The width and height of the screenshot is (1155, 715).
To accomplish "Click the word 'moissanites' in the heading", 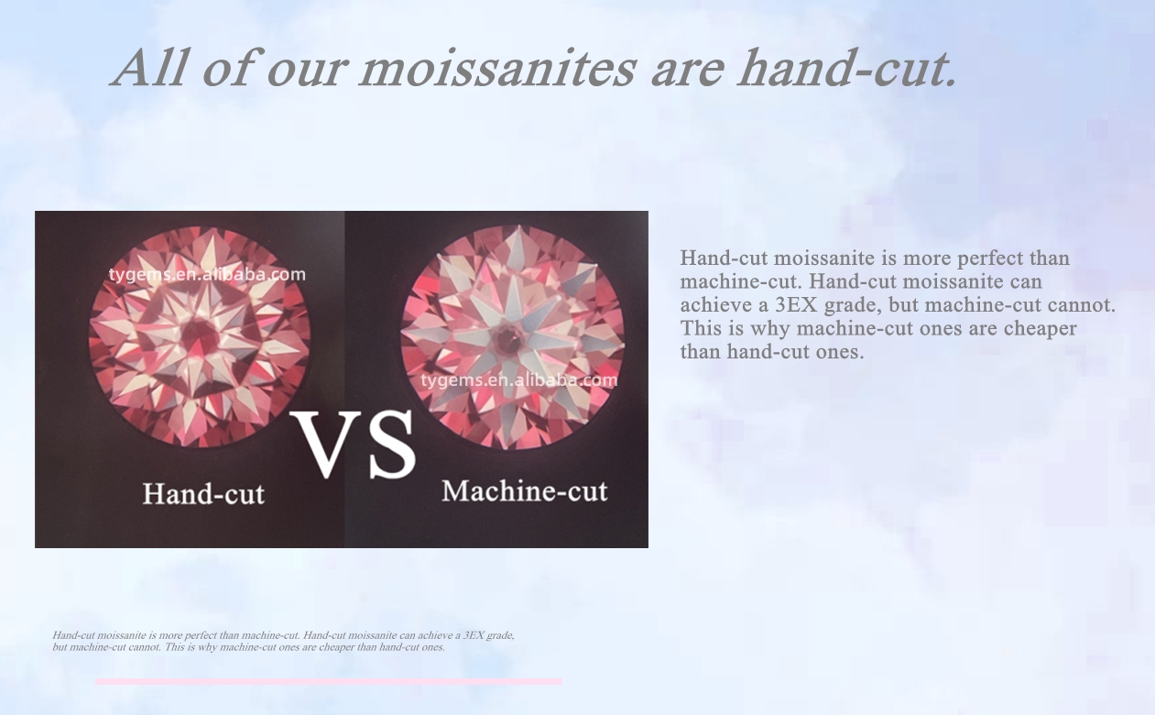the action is [497, 69].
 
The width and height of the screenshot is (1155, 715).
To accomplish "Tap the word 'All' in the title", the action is [150, 68].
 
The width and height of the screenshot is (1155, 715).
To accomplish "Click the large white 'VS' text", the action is [354, 445].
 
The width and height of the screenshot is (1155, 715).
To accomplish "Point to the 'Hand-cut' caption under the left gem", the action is [203, 494].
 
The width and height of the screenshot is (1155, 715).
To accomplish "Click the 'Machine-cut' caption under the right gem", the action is [525, 490].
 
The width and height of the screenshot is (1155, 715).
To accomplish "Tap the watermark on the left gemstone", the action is [207, 274].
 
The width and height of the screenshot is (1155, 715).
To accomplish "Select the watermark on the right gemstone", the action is [519, 380].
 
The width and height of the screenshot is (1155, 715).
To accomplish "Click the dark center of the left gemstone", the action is [199, 335].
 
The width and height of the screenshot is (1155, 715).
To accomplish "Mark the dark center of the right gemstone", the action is [509, 338].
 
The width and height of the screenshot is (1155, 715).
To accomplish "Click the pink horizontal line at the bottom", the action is [329, 681].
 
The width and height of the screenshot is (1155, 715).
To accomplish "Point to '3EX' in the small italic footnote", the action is [474, 635].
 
